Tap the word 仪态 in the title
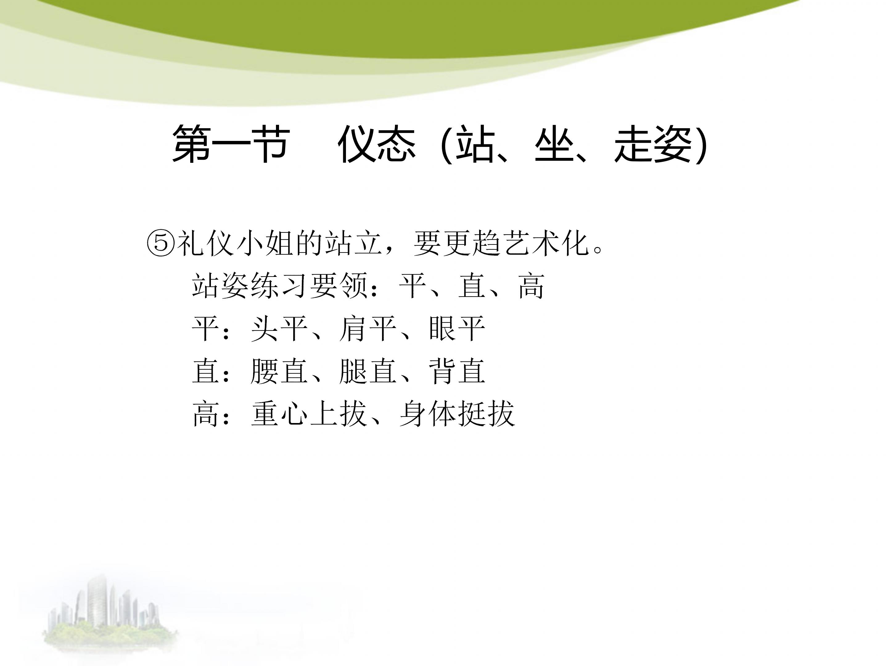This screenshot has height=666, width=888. pos(376,144)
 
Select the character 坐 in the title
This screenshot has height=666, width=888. pos(554,144)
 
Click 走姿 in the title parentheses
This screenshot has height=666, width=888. pos(653,144)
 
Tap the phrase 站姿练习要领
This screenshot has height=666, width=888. pos(280,286)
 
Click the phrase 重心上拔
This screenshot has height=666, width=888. pos(309,414)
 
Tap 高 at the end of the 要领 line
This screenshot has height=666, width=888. pos(531,286)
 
